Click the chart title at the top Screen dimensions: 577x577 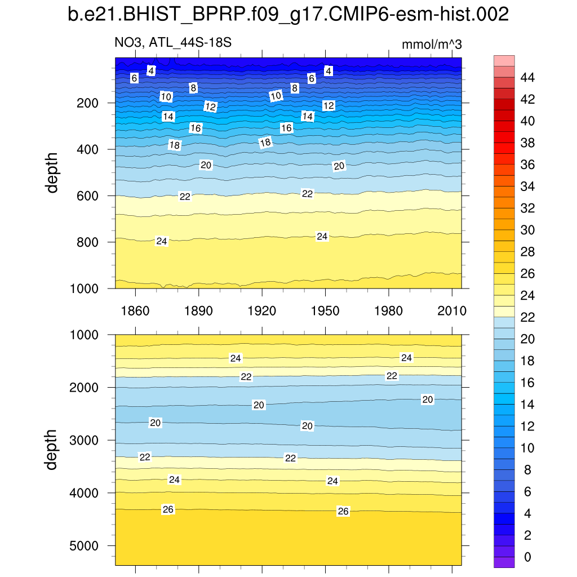tap(288, 15)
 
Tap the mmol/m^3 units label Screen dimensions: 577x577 tap(432, 45)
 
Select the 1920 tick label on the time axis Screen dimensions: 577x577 tap(263, 311)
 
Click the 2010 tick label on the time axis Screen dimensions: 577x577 tap(452, 311)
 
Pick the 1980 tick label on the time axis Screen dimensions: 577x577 tap(389, 311)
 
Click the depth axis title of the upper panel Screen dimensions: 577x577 tap(52, 172)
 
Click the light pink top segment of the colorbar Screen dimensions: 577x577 tap(504, 61)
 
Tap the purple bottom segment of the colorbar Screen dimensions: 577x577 tap(504, 562)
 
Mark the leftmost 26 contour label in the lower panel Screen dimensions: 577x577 tap(168, 509)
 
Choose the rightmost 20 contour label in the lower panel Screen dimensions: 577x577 tap(428, 400)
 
